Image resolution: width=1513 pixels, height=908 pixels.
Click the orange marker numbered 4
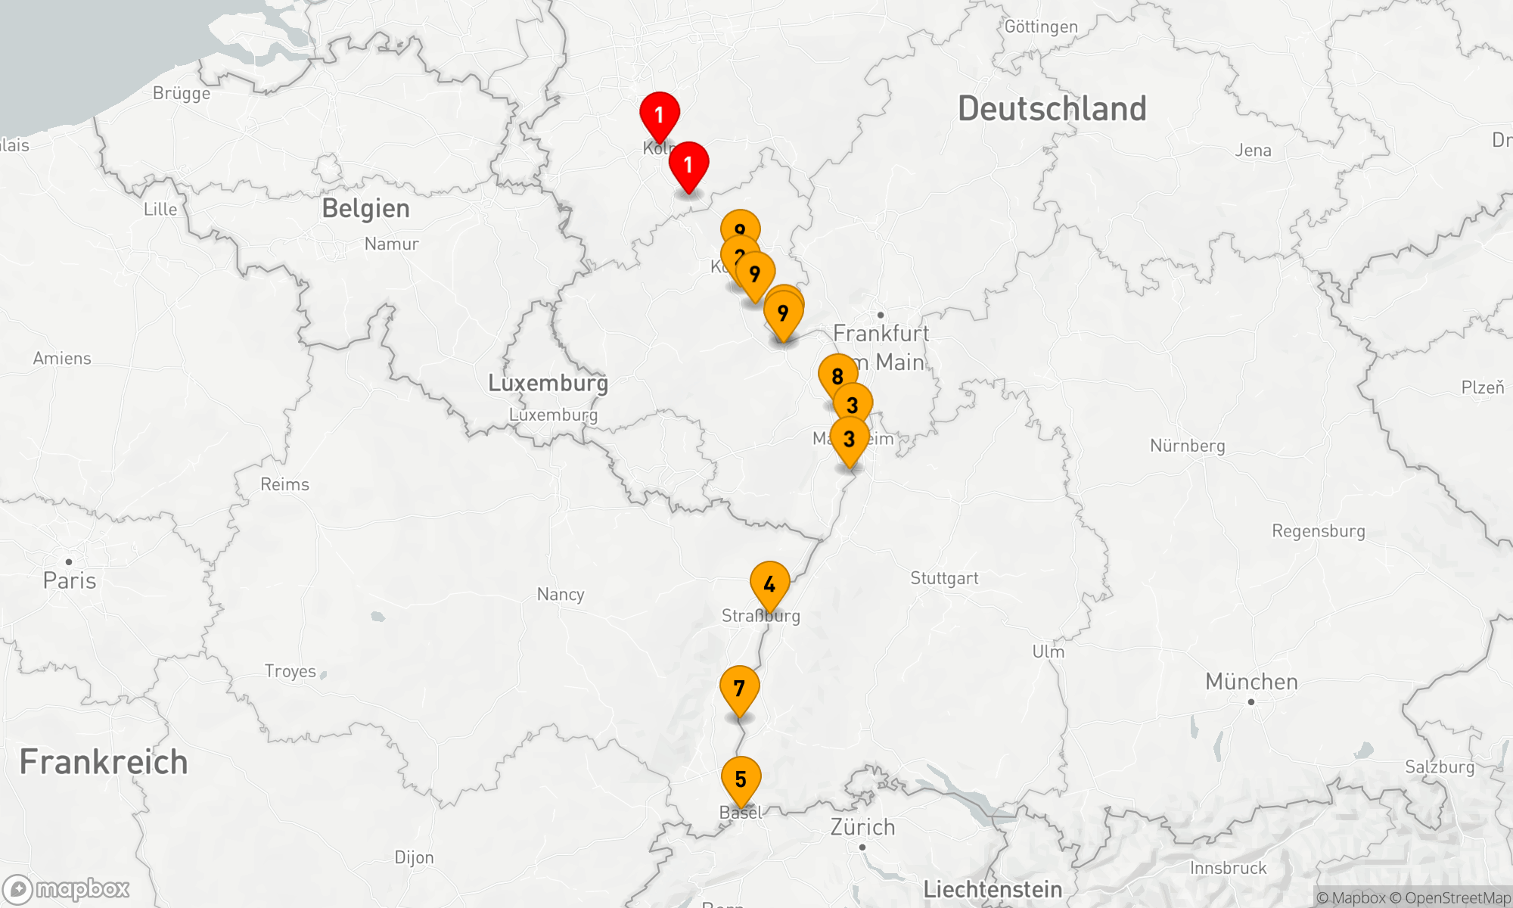[769, 584]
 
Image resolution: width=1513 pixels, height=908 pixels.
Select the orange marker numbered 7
[739, 689]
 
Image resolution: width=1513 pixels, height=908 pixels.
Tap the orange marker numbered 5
[741, 779]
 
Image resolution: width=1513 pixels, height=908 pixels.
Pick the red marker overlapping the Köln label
[659, 115]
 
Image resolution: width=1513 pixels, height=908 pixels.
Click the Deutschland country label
[1052, 109]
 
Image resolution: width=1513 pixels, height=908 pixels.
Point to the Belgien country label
[365, 208]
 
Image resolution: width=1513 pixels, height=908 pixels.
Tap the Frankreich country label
[104, 762]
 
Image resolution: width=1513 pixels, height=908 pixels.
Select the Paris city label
[70, 580]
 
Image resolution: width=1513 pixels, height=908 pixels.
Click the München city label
[1251, 682]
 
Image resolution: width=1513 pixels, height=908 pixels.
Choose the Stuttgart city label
[944, 578]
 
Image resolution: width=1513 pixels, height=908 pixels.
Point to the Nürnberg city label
[1187, 446]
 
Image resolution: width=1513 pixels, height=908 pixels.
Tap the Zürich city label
[862, 827]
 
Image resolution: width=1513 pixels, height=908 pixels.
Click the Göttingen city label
[1041, 26]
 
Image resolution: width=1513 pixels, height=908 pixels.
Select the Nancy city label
[561, 594]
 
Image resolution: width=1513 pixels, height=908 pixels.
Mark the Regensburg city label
[1318, 531]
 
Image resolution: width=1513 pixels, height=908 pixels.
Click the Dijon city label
[414, 857]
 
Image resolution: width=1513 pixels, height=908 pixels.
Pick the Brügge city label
[182, 93]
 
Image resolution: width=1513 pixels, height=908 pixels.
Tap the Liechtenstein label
[993, 889]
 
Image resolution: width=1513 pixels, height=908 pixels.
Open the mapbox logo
[67, 889]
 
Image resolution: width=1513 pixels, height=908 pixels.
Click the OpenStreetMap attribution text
[1456, 898]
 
